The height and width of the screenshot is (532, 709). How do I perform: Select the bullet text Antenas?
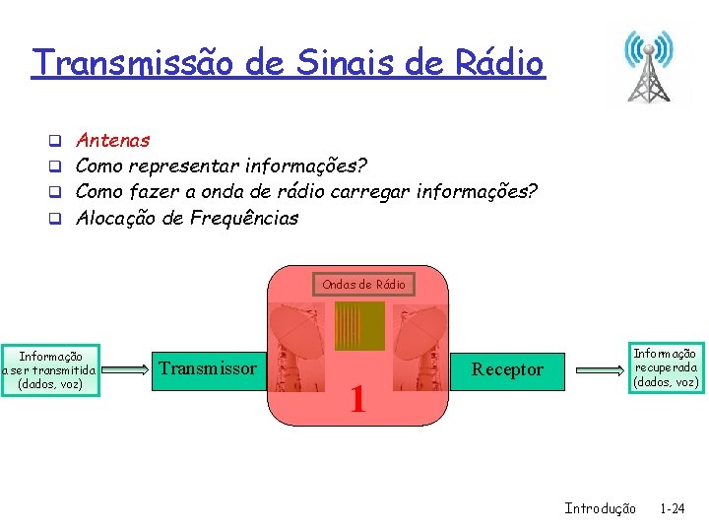coord(113,141)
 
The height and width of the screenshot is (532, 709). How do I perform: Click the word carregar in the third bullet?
coord(374,192)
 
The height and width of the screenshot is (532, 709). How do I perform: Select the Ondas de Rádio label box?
coord(363,284)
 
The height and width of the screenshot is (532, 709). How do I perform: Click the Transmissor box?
coord(208,369)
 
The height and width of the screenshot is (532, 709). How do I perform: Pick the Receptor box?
coord(508,369)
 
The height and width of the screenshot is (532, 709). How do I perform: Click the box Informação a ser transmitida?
coord(49,370)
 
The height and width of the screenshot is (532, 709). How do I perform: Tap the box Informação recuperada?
coord(666,367)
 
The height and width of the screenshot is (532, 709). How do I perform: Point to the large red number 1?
coord(357,399)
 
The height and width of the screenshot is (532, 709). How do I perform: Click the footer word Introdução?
coord(600,508)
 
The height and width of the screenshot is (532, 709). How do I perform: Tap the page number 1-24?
coord(674,508)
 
